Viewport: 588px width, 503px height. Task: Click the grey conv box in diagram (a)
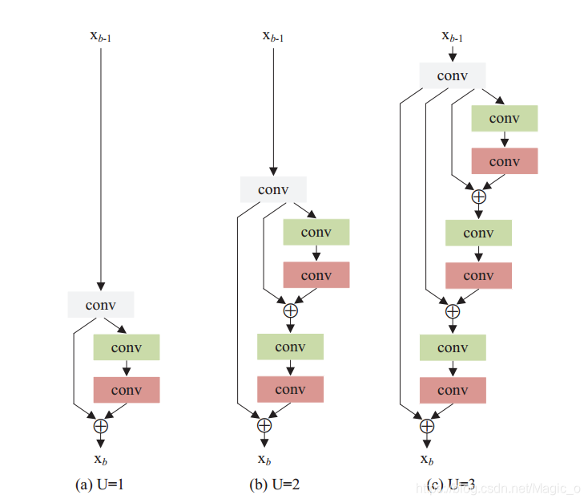point(101,305)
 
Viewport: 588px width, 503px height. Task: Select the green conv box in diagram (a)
point(127,347)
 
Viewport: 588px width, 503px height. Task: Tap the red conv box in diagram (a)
point(127,390)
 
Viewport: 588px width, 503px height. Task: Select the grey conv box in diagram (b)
point(274,189)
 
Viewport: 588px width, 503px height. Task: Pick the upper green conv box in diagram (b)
point(316,233)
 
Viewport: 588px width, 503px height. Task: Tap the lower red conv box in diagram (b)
point(290,389)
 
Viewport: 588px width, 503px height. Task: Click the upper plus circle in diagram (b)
point(290,310)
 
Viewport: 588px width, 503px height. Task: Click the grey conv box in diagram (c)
point(453,76)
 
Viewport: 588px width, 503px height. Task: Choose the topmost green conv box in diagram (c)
point(505,119)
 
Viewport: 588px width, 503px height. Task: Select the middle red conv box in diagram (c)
point(478,275)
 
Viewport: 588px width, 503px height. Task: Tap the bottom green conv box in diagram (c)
point(453,347)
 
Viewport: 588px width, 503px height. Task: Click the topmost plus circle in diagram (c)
point(478,196)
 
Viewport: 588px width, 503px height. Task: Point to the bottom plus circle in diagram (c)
point(427,426)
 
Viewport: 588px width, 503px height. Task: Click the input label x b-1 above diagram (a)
point(102,35)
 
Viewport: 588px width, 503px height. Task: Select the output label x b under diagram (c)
point(427,460)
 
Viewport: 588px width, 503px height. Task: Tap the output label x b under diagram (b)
point(264,460)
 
